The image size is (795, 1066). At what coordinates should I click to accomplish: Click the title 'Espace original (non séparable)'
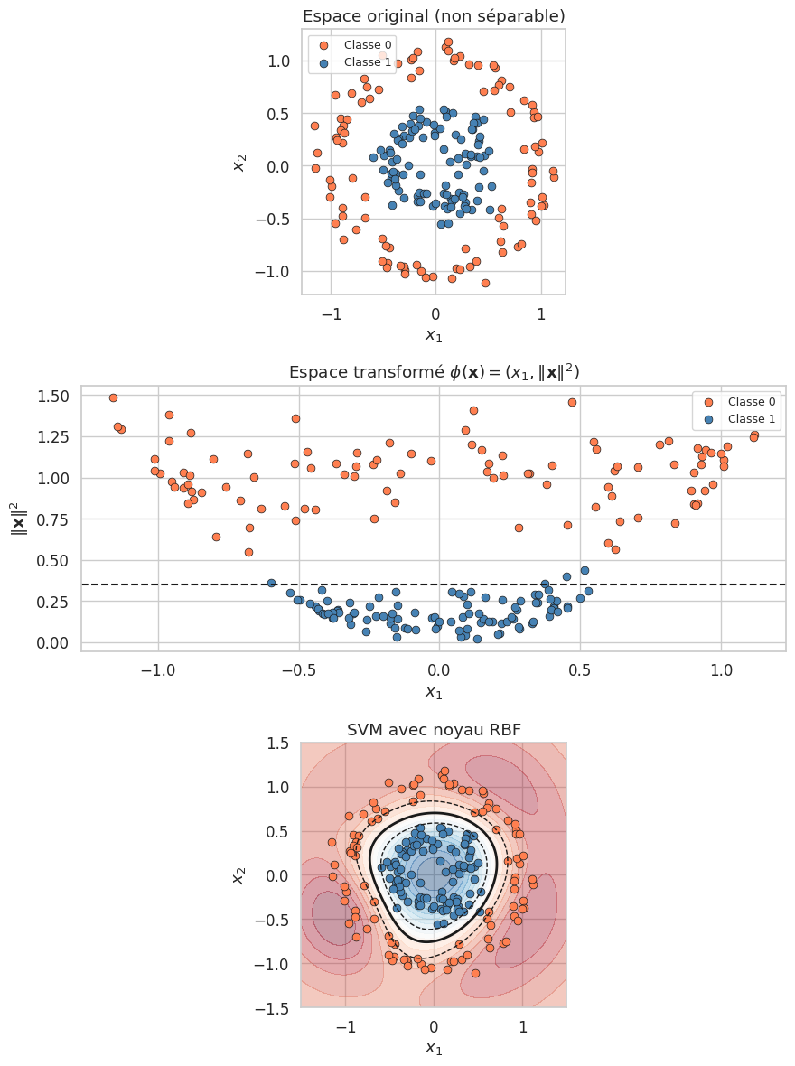tap(433, 16)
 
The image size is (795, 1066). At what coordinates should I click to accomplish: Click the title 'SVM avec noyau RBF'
tap(433, 730)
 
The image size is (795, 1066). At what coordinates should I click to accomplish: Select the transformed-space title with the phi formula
tap(433, 372)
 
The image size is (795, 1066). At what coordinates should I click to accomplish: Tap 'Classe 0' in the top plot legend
tap(368, 45)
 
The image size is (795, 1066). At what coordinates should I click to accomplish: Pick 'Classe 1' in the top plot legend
tap(368, 62)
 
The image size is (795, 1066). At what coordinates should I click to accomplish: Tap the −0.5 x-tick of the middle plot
tap(299, 671)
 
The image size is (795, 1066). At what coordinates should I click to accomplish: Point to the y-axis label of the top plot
tap(240, 162)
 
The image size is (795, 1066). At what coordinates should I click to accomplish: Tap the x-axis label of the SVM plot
tap(433, 1049)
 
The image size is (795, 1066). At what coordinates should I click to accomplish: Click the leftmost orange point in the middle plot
tap(113, 397)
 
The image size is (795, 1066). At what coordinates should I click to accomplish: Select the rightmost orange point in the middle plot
tap(754, 435)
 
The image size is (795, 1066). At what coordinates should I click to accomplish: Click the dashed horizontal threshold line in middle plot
tap(632, 584)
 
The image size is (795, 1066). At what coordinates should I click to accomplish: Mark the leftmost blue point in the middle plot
tap(271, 583)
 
